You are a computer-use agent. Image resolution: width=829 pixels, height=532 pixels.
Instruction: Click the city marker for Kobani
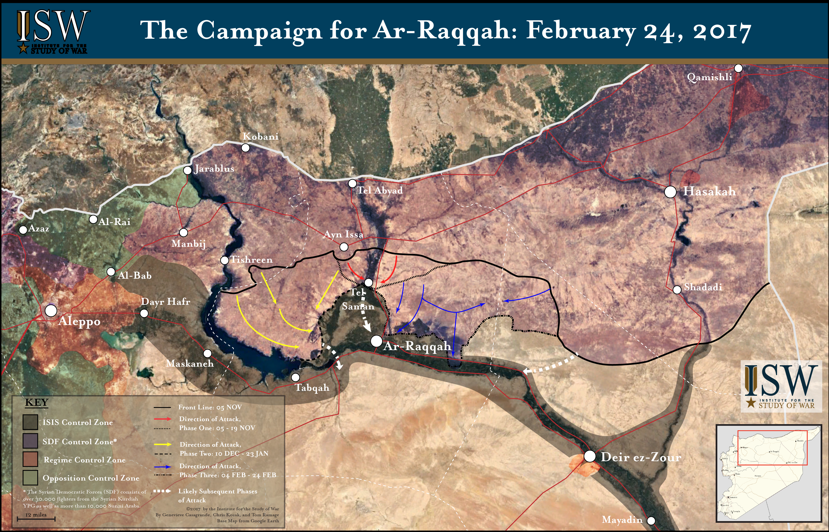pos(245,148)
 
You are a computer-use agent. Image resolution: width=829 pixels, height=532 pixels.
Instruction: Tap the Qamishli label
pos(709,77)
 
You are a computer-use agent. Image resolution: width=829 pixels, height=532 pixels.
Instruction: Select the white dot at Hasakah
pos(670,192)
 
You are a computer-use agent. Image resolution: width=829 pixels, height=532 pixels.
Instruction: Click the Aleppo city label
pos(79,321)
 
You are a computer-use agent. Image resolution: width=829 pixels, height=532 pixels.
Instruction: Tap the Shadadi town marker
pos(677,289)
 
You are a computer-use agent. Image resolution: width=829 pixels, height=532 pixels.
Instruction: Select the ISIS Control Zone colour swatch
pos(30,422)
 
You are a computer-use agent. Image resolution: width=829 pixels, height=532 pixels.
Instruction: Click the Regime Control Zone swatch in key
pos(30,459)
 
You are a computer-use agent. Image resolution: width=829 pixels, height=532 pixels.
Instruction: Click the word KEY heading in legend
pos(37,403)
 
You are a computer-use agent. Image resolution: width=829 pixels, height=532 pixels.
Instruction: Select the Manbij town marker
pos(184,233)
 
